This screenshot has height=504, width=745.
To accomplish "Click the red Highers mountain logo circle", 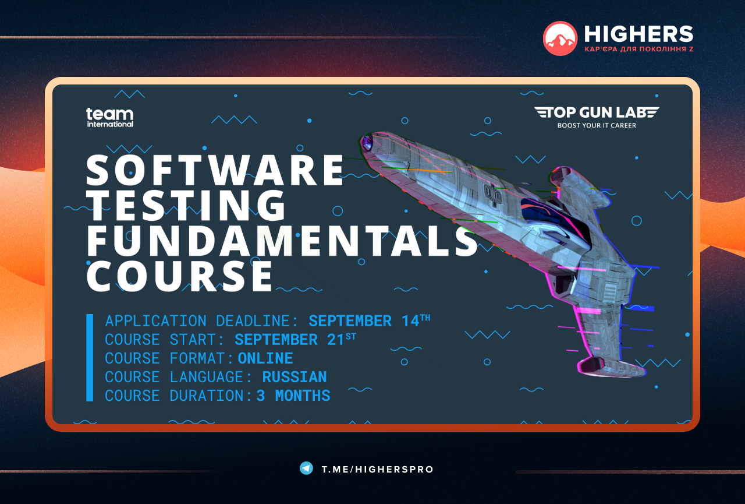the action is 560,38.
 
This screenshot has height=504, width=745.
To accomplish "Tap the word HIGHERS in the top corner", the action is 638,34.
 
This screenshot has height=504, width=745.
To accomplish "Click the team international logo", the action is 110,118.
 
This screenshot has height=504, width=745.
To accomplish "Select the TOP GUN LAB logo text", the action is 597,112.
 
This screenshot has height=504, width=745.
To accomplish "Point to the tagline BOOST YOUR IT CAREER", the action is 597,125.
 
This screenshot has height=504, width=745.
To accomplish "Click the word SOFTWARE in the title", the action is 215,170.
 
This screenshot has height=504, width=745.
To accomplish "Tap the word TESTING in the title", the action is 186,206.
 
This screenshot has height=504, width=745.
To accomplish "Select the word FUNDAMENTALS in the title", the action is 282,241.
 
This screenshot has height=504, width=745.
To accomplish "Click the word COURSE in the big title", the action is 180,276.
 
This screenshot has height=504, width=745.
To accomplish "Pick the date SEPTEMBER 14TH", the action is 370,320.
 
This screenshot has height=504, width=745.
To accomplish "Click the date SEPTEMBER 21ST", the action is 295,339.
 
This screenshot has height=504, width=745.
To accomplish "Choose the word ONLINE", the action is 265,358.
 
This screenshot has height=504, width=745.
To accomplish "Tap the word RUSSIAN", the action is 295,377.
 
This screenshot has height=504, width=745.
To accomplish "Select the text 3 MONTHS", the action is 293,396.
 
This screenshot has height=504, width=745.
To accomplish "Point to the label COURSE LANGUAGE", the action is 179,377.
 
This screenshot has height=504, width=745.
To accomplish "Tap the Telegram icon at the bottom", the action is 306,468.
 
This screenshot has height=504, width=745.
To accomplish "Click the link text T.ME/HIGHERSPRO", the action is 378,470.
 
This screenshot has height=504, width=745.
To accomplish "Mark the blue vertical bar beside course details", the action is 90,358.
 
